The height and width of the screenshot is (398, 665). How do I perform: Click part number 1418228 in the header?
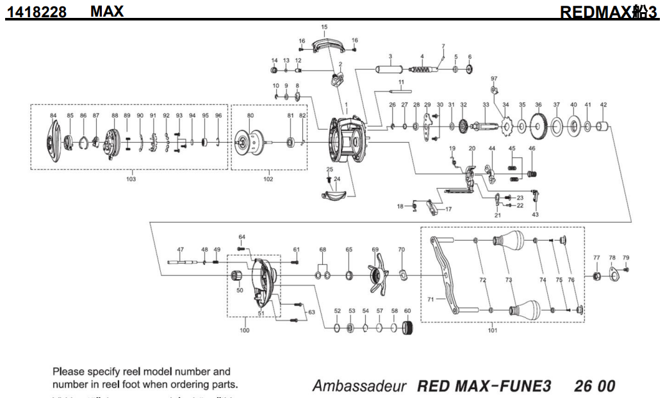tap(37, 12)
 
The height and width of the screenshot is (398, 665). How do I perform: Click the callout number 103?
tap(131, 179)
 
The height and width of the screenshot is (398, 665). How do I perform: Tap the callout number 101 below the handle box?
tap(492, 331)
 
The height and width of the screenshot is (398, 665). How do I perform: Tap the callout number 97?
tap(494, 79)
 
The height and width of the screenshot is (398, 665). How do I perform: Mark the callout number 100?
tap(244, 331)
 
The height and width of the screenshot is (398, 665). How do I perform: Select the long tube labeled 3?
tap(390, 68)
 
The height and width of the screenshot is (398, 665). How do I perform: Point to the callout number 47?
tap(181, 249)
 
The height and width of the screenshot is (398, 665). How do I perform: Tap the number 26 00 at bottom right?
tap(595, 386)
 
